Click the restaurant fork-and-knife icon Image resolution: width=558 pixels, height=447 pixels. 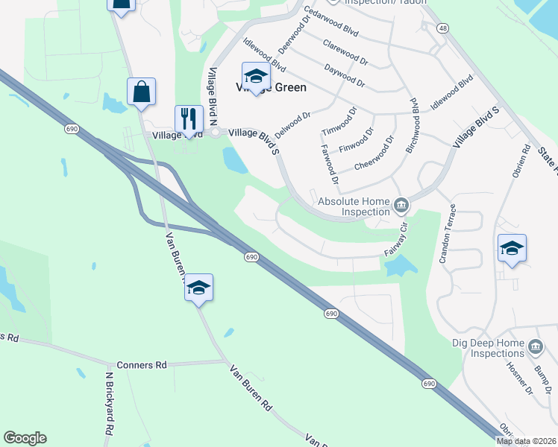189,118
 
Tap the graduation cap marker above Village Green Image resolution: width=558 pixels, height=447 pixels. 255,76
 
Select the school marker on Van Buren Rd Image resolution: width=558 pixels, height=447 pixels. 198,288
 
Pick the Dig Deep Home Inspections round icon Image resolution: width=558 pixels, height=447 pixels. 535,348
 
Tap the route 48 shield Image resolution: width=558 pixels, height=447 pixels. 444,28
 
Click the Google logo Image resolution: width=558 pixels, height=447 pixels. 25,438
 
